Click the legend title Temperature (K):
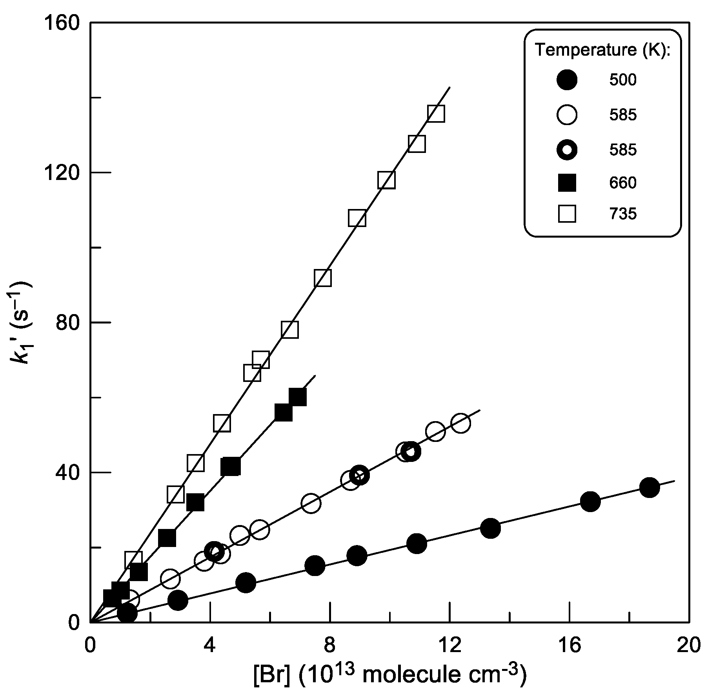(x=602, y=50)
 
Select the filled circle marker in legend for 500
(x=567, y=80)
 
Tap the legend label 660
(x=623, y=183)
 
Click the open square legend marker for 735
(x=567, y=214)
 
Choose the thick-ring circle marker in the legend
(x=567, y=150)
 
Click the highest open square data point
(x=436, y=114)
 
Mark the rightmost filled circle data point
(x=649, y=487)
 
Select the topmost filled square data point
(x=297, y=397)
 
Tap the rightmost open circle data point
(x=461, y=423)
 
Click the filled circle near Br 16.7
(x=590, y=502)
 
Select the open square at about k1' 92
(x=323, y=278)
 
